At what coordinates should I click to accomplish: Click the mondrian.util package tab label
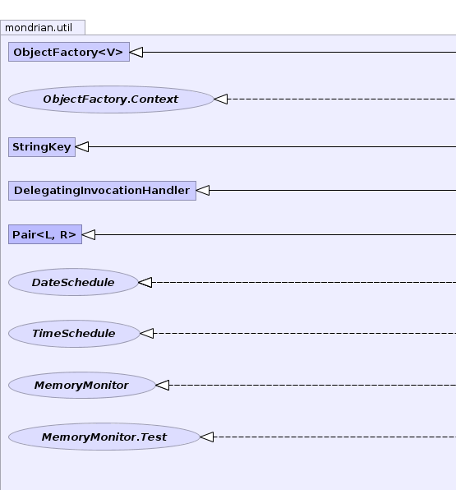click(39, 28)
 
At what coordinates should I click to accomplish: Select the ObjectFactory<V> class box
click(69, 52)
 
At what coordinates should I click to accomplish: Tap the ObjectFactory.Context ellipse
click(111, 99)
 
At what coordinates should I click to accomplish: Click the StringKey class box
click(42, 147)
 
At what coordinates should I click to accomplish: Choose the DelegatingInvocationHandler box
click(102, 190)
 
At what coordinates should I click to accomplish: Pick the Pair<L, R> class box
click(45, 234)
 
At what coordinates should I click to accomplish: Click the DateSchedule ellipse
click(73, 282)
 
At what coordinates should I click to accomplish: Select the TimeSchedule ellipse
click(74, 334)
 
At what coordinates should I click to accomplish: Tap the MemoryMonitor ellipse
click(82, 385)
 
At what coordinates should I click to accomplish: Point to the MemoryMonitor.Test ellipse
click(104, 437)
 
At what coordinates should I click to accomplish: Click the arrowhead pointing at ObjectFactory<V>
click(136, 52)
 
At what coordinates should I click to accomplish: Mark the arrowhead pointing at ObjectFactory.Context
click(221, 99)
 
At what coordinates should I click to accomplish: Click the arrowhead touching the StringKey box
click(82, 146)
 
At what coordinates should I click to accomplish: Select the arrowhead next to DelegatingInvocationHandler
click(203, 190)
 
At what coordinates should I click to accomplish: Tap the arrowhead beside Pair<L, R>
click(89, 234)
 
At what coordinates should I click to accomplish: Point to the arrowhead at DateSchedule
click(145, 282)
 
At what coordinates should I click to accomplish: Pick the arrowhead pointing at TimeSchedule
click(147, 333)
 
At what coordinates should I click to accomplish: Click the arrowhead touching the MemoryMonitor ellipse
click(163, 385)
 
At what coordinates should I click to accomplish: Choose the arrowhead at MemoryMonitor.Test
click(207, 437)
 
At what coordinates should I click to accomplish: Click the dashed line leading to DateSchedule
click(304, 282)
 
